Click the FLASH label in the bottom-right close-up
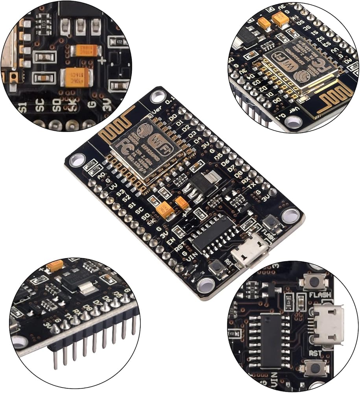coord(319,295)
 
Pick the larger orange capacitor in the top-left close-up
coord(78,77)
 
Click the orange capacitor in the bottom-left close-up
coord(55,266)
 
